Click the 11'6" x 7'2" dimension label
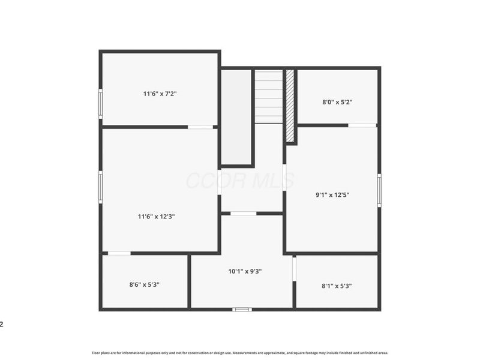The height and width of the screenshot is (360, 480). [160, 94]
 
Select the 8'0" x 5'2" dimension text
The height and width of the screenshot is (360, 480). [337, 102]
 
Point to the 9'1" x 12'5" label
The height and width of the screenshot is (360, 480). [332, 194]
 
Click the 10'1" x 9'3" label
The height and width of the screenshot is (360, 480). [245, 271]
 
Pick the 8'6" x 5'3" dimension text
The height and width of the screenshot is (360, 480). [145, 285]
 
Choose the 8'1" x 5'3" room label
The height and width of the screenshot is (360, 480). [337, 286]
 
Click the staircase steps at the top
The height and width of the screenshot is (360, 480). [269, 96]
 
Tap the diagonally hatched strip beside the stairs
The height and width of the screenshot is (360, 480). [290, 106]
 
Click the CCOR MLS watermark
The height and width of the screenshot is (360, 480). [240, 180]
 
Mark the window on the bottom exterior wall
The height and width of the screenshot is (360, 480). [242, 309]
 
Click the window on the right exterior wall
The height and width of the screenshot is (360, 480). [379, 190]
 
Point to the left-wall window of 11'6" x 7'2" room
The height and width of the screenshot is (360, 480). [101, 103]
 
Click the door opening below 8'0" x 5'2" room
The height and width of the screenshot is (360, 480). [362, 125]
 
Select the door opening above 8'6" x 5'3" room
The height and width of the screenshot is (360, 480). [119, 253]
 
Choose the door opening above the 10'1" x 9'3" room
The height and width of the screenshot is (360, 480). [243, 213]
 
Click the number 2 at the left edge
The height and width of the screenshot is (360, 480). [2, 325]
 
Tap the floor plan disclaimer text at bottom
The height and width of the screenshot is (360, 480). [240, 353]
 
